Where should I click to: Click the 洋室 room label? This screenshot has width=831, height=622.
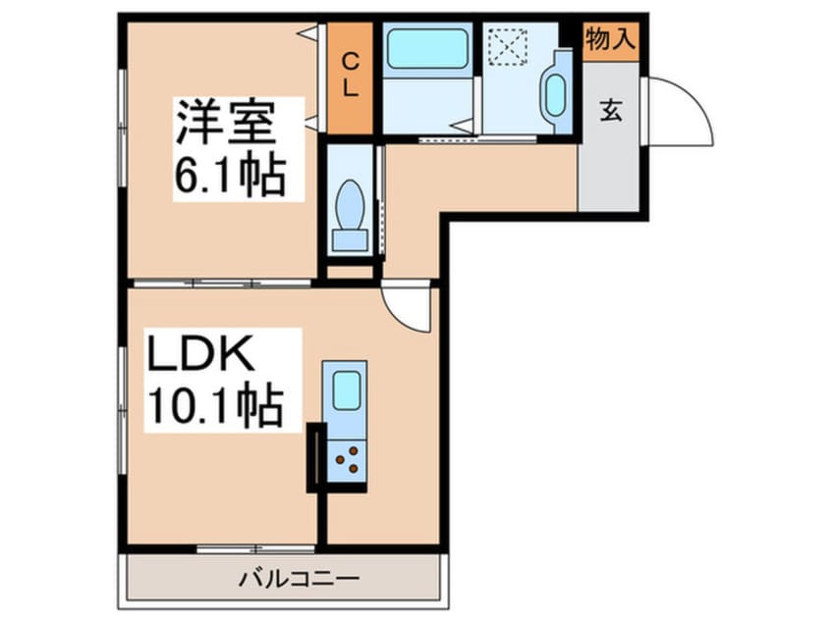tap(226, 123)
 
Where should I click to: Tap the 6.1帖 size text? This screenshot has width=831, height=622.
tap(231, 175)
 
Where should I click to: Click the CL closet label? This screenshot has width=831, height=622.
tap(350, 76)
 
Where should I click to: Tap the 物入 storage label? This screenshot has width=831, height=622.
tap(611, 38)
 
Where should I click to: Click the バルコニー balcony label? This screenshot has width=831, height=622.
tap(299, 579)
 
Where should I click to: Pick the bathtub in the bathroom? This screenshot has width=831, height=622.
tap(426, 49)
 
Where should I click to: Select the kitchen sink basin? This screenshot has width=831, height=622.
tap(347, 390)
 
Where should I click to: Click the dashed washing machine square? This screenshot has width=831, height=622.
tap(508, 46)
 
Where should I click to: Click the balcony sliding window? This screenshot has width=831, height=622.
tap(256, 549)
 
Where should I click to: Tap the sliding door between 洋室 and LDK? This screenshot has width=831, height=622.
tap(222, 284)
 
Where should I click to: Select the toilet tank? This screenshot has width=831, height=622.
tap(350, 240)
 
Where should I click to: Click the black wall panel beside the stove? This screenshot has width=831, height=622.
tap(316, 457)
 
